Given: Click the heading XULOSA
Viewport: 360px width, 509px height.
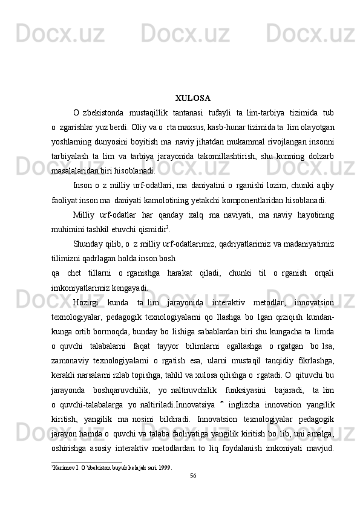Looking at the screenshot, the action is pyautogui.click(x=192, y=97).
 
